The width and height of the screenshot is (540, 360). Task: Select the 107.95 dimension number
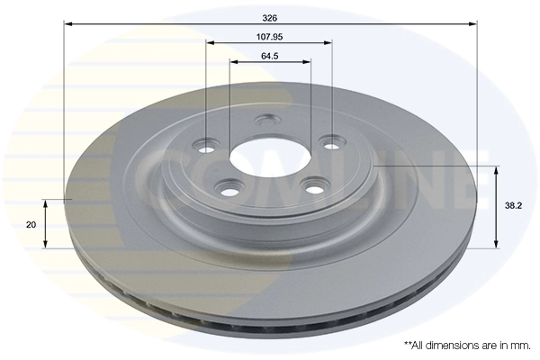point(269,37)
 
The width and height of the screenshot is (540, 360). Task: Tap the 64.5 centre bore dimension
point(269,56)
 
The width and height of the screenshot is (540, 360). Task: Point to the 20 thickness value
point(32,224)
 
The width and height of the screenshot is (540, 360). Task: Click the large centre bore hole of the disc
point(256,157)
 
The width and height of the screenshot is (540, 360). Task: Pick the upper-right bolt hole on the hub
point(333,142)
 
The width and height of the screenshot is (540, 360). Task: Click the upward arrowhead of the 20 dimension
point(46,202)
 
